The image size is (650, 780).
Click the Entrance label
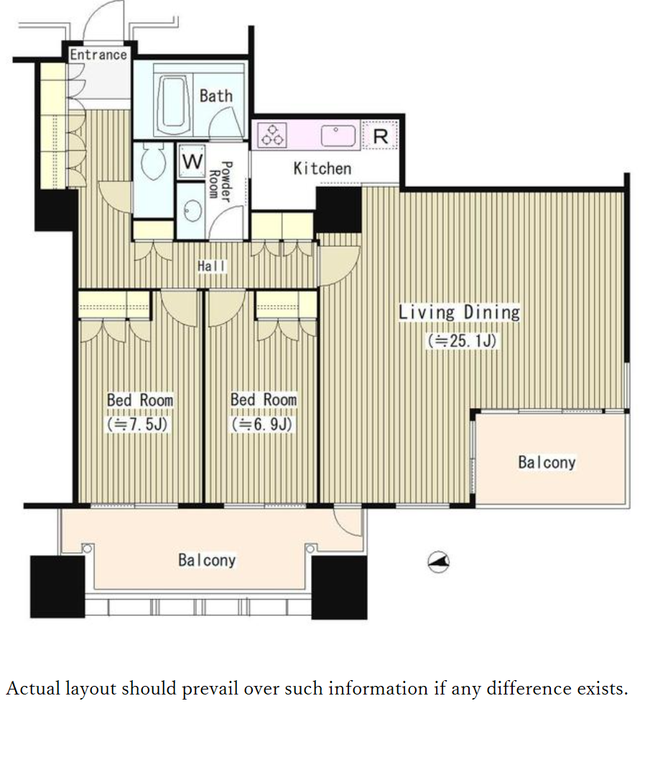coord(98,54)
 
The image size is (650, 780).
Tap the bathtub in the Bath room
coord(174,103)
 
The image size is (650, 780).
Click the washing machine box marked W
coord(192,162)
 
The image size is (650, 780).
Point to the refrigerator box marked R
coord(381,135)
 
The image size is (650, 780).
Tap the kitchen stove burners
coord(272,135)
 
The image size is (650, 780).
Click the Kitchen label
coord(322,169)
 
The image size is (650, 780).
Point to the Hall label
coord(211,266)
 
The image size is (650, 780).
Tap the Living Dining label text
coord(459,312)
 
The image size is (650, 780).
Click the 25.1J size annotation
coord(462,340)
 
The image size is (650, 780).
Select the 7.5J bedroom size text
coord(137,424)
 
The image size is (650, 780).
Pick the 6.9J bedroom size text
coord(262,424)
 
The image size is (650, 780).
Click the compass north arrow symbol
coord(439,562)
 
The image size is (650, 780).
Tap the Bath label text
coord(216,96)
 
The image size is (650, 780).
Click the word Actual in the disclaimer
coord(33,689)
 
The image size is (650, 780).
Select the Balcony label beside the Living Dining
coord(547,462)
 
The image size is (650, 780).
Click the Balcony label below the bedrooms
coord(207,560)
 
